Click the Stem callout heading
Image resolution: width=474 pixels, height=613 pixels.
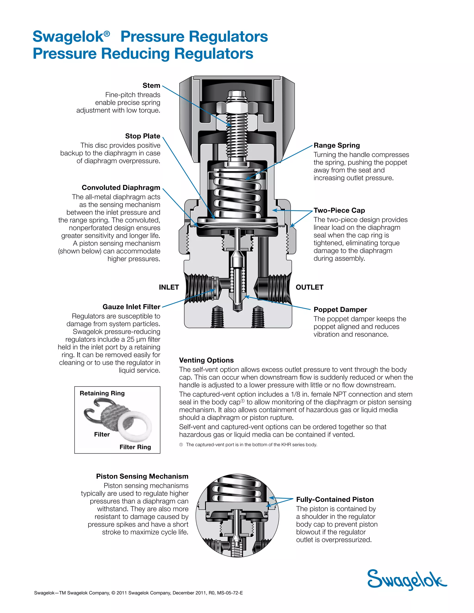tap(151, 85)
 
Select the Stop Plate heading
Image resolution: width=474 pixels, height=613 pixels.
tap(142, 136)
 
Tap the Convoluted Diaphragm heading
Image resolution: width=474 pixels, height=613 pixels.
tap(121, 188)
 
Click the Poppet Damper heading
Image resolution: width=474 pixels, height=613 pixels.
tap(340, 310)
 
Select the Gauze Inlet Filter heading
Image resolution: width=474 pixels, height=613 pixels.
tap(131, 307)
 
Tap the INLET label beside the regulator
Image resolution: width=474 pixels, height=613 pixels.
tap(169, 287)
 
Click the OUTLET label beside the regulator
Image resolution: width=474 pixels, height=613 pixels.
tap(309, 287)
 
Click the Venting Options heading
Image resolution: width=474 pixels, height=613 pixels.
tap(206, 360)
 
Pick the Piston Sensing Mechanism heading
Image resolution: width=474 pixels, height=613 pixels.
tap(142, 476)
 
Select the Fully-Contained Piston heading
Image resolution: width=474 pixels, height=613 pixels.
tap(335, 499)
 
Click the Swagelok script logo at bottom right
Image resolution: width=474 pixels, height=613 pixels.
tap(406, 580)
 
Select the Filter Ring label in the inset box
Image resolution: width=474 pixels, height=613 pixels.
tap(135, 447)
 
